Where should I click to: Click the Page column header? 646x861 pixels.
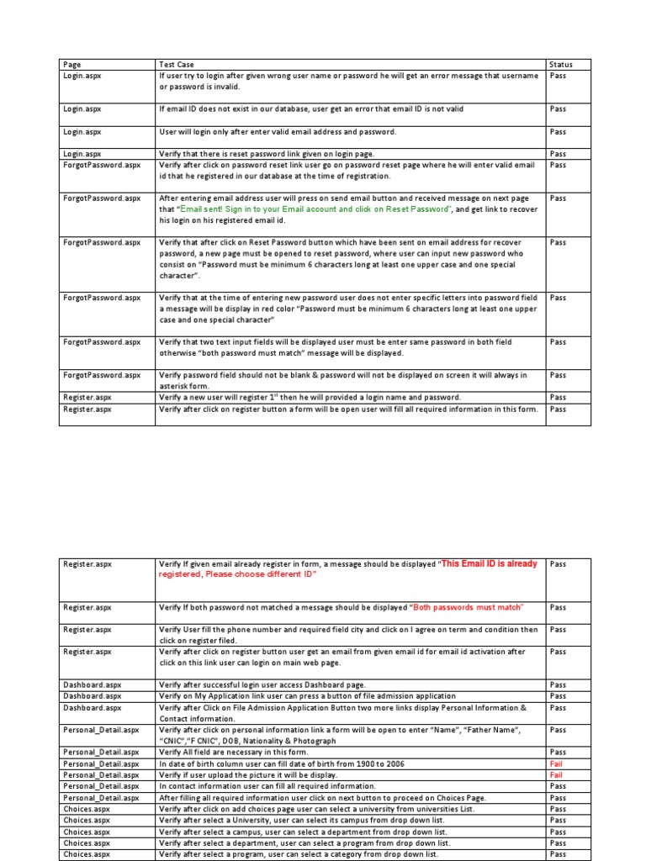tap(71, 64)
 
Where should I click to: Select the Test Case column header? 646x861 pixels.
tap(176, 64)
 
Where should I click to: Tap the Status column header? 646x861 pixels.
tap(560, 64)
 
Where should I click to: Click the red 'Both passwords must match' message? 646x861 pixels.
tap(466, 608)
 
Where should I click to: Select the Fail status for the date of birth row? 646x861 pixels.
tap(556, 763)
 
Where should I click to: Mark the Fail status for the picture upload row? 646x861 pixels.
tap(556, 774)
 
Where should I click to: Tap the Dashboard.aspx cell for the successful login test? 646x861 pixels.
tap(92, 685)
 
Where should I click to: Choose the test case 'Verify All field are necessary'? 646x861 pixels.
tap(235, 753)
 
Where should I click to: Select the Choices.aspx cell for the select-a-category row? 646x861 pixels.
tap(87, 854)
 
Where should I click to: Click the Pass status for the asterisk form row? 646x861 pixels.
tap(558, 375)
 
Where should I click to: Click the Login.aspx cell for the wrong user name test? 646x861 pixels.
tap(82, 76)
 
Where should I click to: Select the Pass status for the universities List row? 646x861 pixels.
tap(558, 809)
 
